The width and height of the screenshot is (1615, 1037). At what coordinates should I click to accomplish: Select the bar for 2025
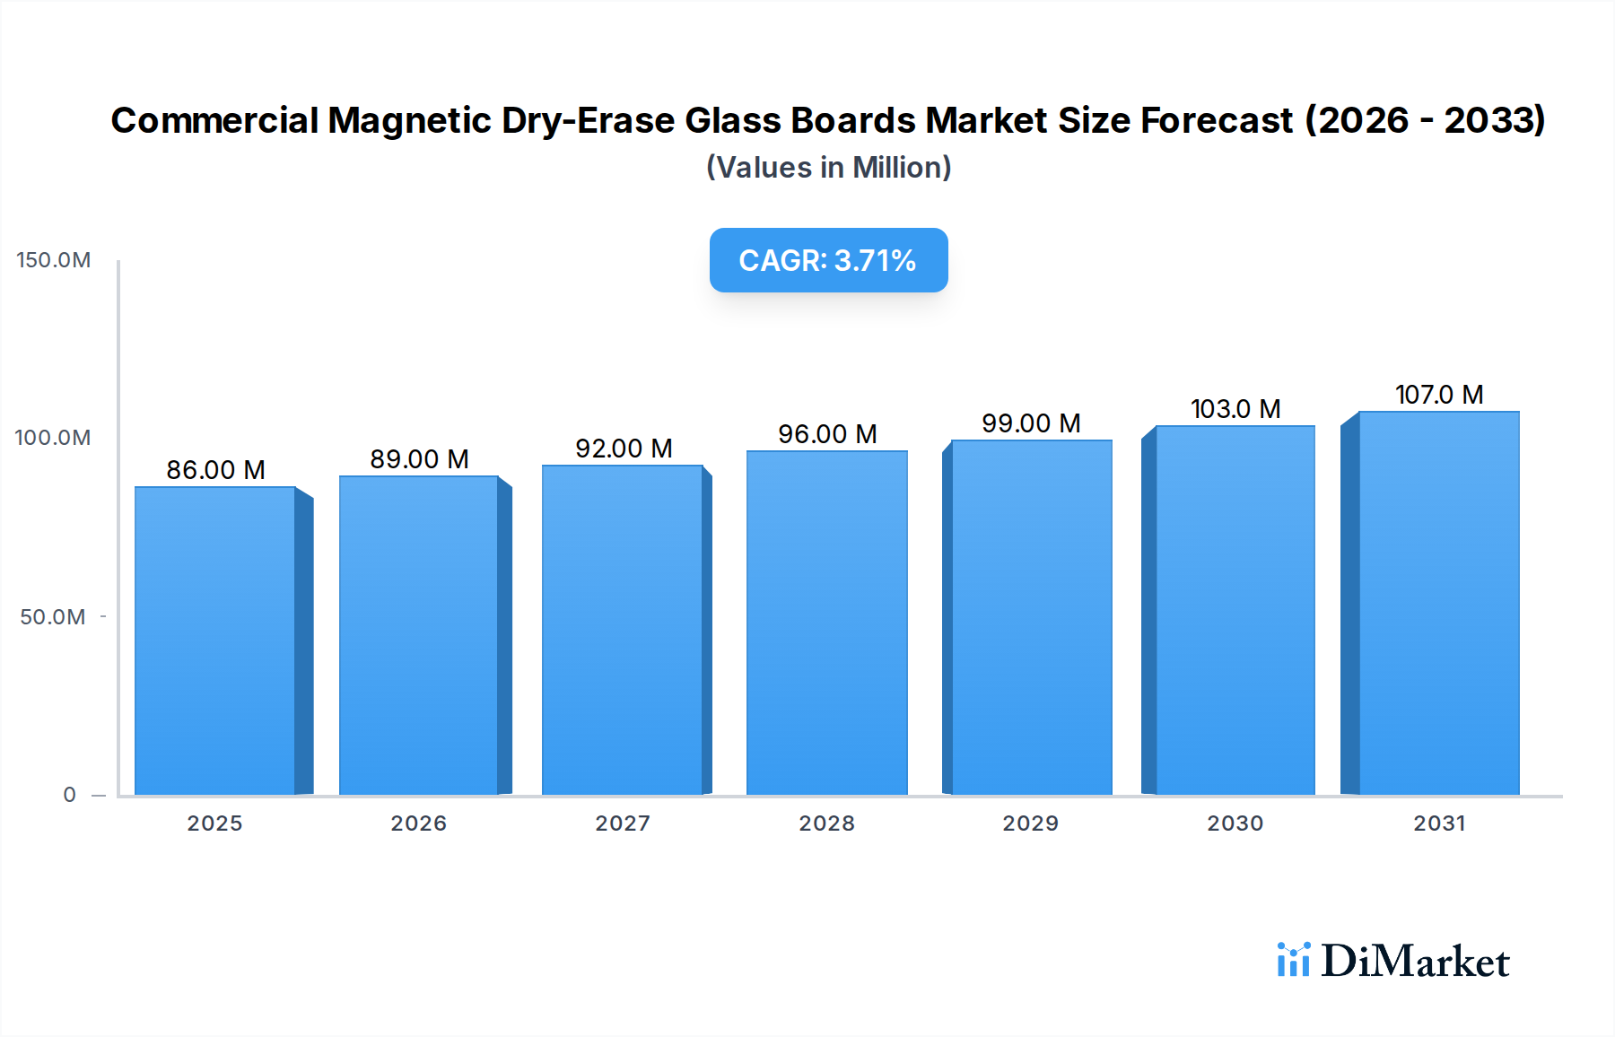coord(215,640)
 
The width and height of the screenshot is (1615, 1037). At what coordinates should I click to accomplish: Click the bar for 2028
coord(826,623)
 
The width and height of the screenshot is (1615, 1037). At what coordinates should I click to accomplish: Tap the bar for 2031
coord(1438,603)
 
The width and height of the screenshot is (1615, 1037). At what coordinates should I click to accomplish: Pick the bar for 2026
coord(419,635)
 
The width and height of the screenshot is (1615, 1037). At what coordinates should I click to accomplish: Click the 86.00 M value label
coord(215,470)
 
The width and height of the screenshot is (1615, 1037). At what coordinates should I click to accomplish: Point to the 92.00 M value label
coord(624,449)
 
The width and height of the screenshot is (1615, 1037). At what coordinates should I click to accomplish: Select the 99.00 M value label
coord(1031,423)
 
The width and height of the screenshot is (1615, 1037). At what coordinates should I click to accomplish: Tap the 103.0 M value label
coord(1235,409)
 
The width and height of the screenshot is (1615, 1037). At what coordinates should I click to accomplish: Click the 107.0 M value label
coord(1438,395)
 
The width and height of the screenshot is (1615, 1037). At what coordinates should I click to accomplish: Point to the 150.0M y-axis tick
coord(54,260)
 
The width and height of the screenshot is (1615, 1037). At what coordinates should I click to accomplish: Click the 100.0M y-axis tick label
coord(53,438)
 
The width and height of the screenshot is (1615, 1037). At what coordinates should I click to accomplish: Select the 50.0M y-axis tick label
coord(53,617)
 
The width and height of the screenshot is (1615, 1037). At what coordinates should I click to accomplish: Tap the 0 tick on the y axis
coord(70,795)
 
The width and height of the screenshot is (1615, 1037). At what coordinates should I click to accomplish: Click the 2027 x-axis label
coord(623,823)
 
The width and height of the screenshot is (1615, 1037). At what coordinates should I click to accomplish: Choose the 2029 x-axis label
coord(1031,823)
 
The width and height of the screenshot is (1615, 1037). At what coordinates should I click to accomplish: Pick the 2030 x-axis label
coord(1235,823)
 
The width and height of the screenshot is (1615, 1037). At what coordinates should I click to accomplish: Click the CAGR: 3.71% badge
coord(828,260)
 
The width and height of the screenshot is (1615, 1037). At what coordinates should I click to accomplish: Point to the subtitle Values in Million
coord(828,168)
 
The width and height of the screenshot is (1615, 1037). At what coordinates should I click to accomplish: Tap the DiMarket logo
coord(1393,961)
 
